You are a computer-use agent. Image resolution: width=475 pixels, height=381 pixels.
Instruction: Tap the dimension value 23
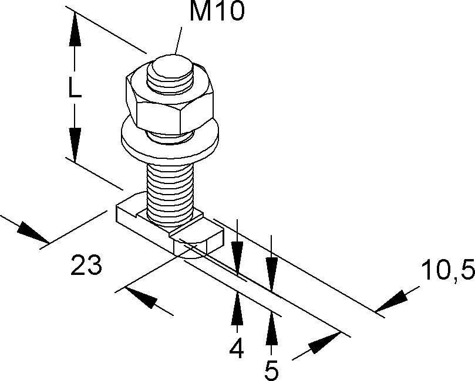[x=86, y=266]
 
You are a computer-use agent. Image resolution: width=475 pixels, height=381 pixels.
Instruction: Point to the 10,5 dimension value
[x=447, y=271]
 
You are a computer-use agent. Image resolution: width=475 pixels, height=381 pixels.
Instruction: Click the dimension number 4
[x=236, y=349]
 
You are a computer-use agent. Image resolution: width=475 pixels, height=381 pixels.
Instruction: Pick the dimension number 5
[x=271, y=370]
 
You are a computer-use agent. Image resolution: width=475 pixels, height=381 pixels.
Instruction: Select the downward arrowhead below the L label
[x=75, y=144]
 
